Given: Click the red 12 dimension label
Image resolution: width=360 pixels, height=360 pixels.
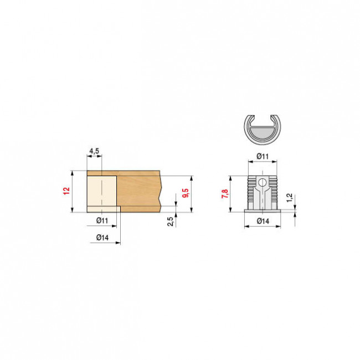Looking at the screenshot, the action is click(x=66, y=191).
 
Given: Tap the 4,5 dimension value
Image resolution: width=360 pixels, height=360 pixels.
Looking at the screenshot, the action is click(x=94, y=151).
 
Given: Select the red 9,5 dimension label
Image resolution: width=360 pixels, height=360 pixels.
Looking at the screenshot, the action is click(x=186, y=193).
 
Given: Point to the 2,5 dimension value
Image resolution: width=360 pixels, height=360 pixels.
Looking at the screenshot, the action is click(x=171, y=222).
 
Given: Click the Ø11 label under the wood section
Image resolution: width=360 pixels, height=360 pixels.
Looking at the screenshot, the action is click(x=102, y=220).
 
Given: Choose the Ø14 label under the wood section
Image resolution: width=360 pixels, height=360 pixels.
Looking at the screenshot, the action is click(x=102, y=238).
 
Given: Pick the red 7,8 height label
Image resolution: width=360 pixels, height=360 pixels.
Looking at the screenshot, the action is click(x=225, y=194).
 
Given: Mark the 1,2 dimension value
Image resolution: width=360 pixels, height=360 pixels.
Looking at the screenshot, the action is click(x=290, y=198).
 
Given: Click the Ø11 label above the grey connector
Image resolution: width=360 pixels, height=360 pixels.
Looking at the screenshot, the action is click(x=263, y=156).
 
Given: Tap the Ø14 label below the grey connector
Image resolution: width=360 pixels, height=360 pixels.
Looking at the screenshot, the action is click(x=263, y=221).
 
